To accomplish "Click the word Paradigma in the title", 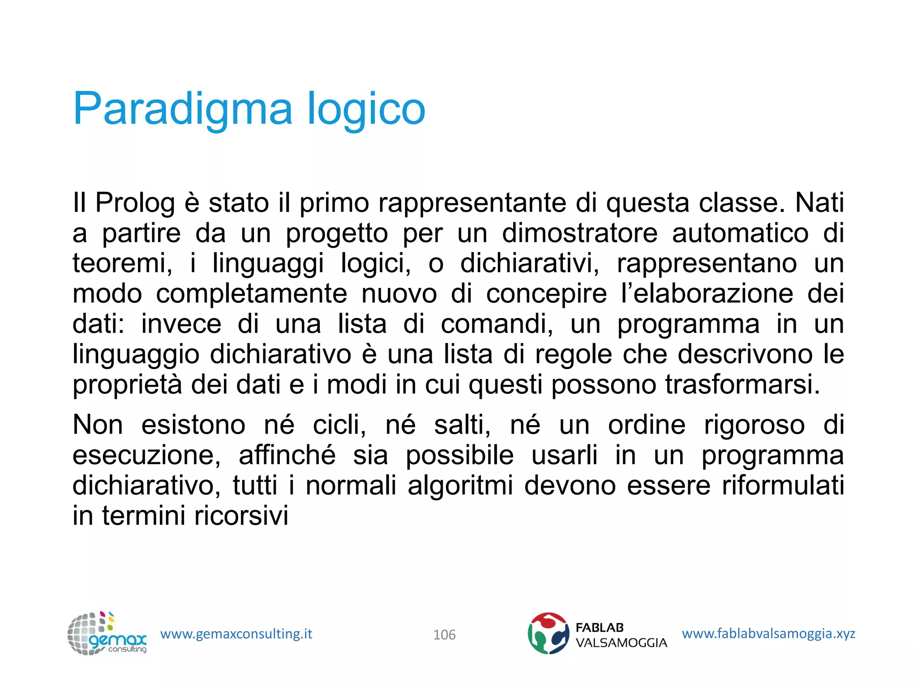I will (183, 109).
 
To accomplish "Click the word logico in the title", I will (366, 109).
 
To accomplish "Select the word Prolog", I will (135, 203).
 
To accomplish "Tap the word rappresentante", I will (472, 203).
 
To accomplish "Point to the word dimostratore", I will (579, 233).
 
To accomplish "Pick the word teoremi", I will (122, 263).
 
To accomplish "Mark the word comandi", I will (497, 324).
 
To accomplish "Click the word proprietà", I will (127, 385).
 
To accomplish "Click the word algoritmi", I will (460, 486).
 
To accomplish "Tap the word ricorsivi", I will (241, 516).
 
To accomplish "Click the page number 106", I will (444, 635).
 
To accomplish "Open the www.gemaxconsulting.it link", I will (236, 634).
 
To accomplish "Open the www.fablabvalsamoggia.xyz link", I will (768, 633).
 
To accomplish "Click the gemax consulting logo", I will (107, 634).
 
